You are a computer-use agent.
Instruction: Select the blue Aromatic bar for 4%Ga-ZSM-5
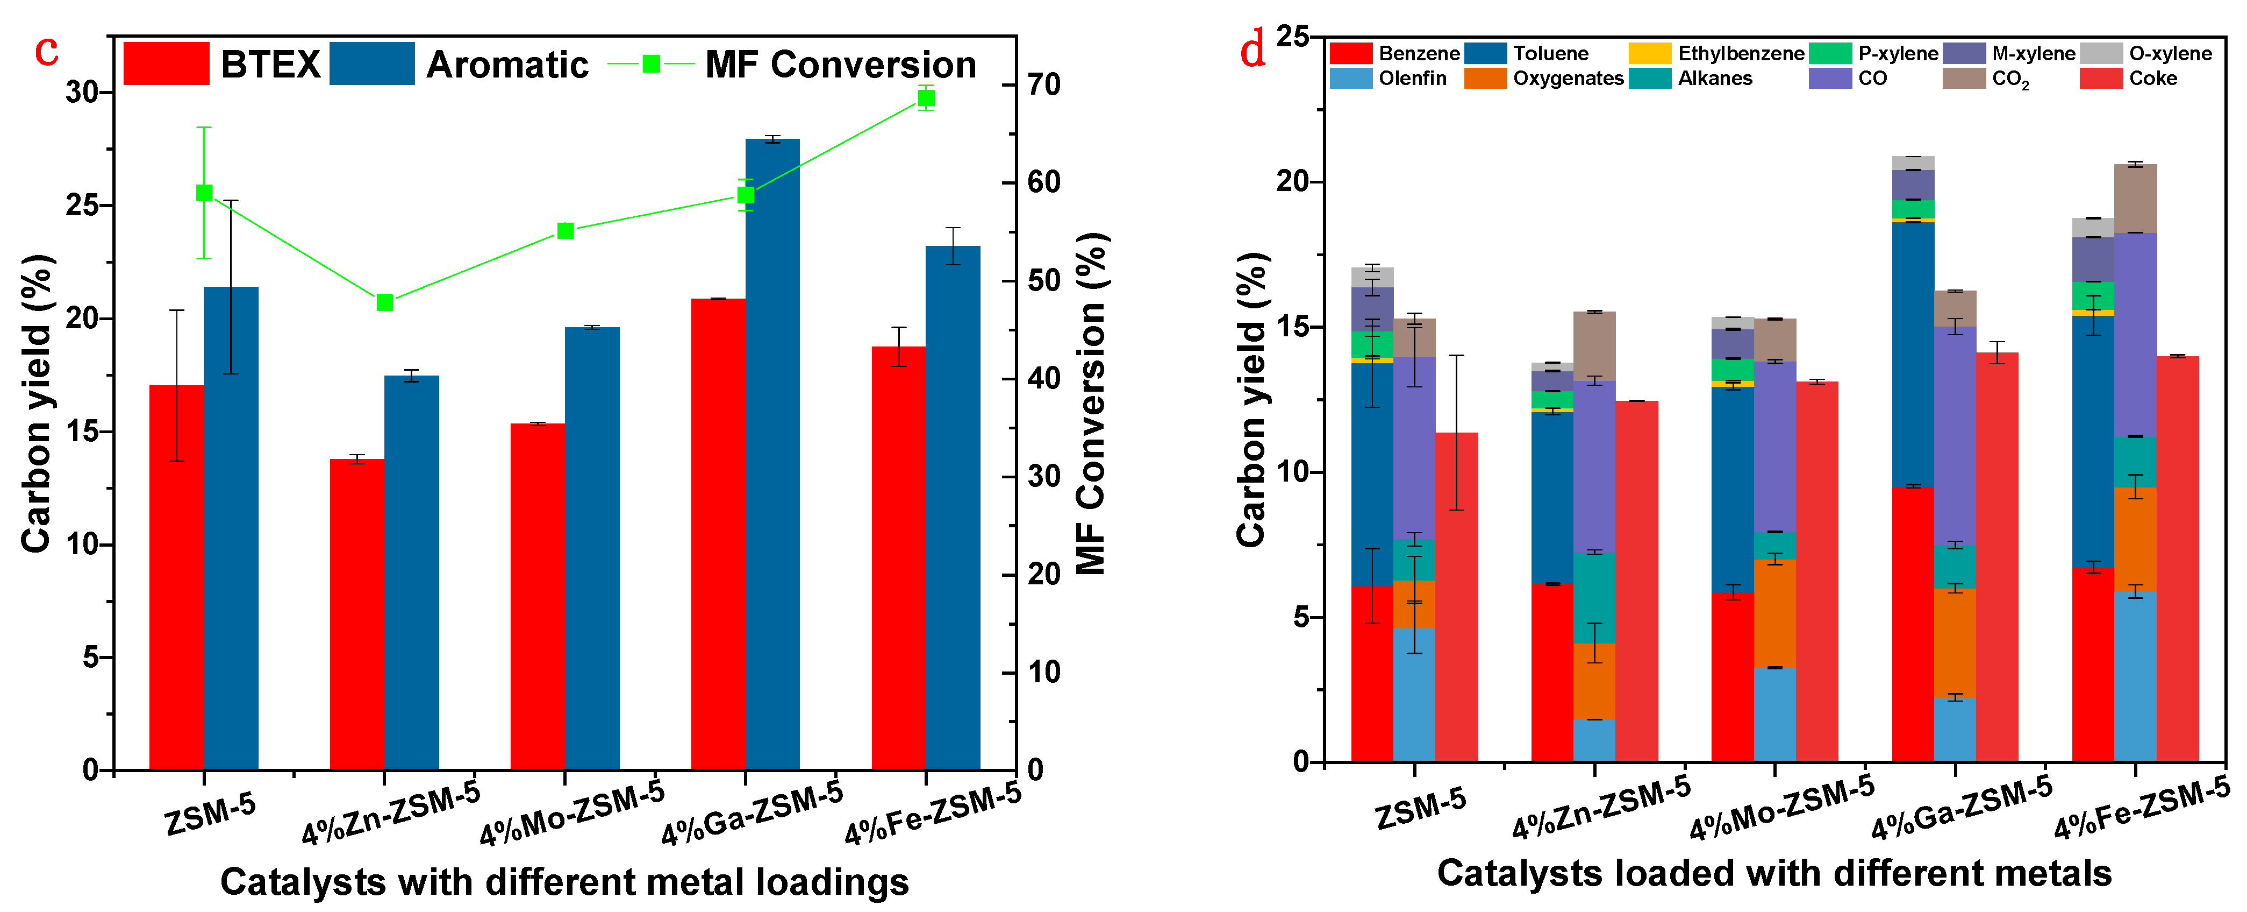point(772,454)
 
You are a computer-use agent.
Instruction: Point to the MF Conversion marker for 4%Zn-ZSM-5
point(385,302)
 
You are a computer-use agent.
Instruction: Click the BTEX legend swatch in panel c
point(166,63)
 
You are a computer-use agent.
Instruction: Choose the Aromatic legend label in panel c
point(507,65)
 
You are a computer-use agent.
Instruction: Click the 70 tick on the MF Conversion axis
point(1043,84)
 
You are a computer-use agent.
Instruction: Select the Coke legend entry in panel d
point(2152,79)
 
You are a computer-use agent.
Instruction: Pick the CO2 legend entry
point(2010,79)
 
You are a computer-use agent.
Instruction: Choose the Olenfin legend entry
point(1411,79)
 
